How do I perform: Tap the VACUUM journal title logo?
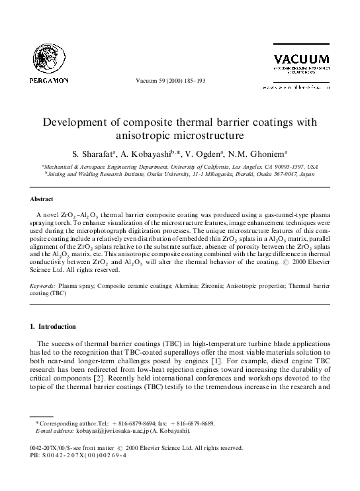tap(297, 58)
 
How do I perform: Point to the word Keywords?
tap(45, 287)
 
